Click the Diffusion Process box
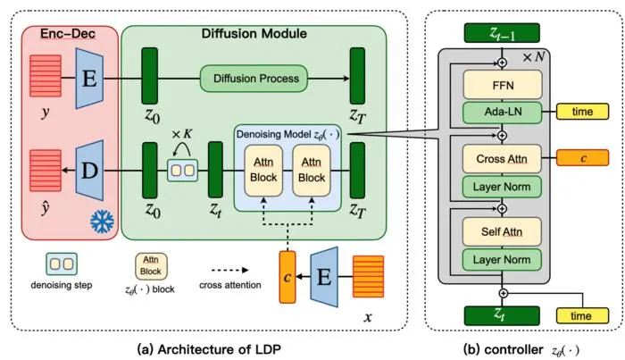click(254, 79)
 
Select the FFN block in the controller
click(503, 85)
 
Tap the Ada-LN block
click(503, 112)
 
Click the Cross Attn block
click(502, 159)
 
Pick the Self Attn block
click(502, 231)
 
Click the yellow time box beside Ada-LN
click(582, 112)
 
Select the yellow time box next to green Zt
click(582, 315)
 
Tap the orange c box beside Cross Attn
click(582, 158)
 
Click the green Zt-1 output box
click(502, 33)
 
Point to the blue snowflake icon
click(102, 222)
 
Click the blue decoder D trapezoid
click(89, 171)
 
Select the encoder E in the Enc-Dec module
click(89, 79)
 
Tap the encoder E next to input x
click(324, 277)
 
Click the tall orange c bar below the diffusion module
click(287, 277)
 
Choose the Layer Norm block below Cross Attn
click(502, 187)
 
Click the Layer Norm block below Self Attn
click(502, 260)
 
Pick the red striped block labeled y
click(46, 76)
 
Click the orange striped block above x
click(368, 277)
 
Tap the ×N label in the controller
click(534, 57)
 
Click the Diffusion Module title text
click(254, 33)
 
